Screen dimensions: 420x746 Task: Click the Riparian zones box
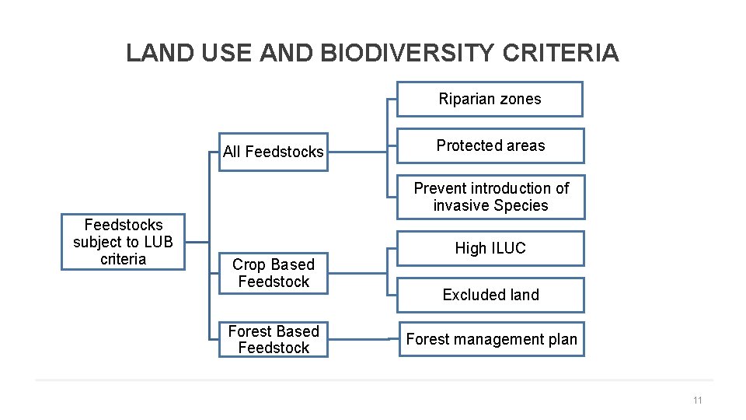(490, 100)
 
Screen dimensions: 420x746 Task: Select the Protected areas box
(490, 145)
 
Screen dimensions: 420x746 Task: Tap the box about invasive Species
(490, 197)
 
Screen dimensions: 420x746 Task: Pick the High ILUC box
(490, 248)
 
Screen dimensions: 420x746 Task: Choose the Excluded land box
(490, 295)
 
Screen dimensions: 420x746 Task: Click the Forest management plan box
(491, 339)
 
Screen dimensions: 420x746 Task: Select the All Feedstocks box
(273, 152)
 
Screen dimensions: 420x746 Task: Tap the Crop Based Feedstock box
(273, 273)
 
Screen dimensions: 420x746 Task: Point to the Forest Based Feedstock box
(273, 339)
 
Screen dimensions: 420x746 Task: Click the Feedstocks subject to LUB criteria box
(123, 242)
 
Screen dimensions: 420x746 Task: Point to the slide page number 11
(696, 401)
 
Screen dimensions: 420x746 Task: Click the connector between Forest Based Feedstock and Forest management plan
(363, 339)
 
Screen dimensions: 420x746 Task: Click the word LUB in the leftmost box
(156, 242)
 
